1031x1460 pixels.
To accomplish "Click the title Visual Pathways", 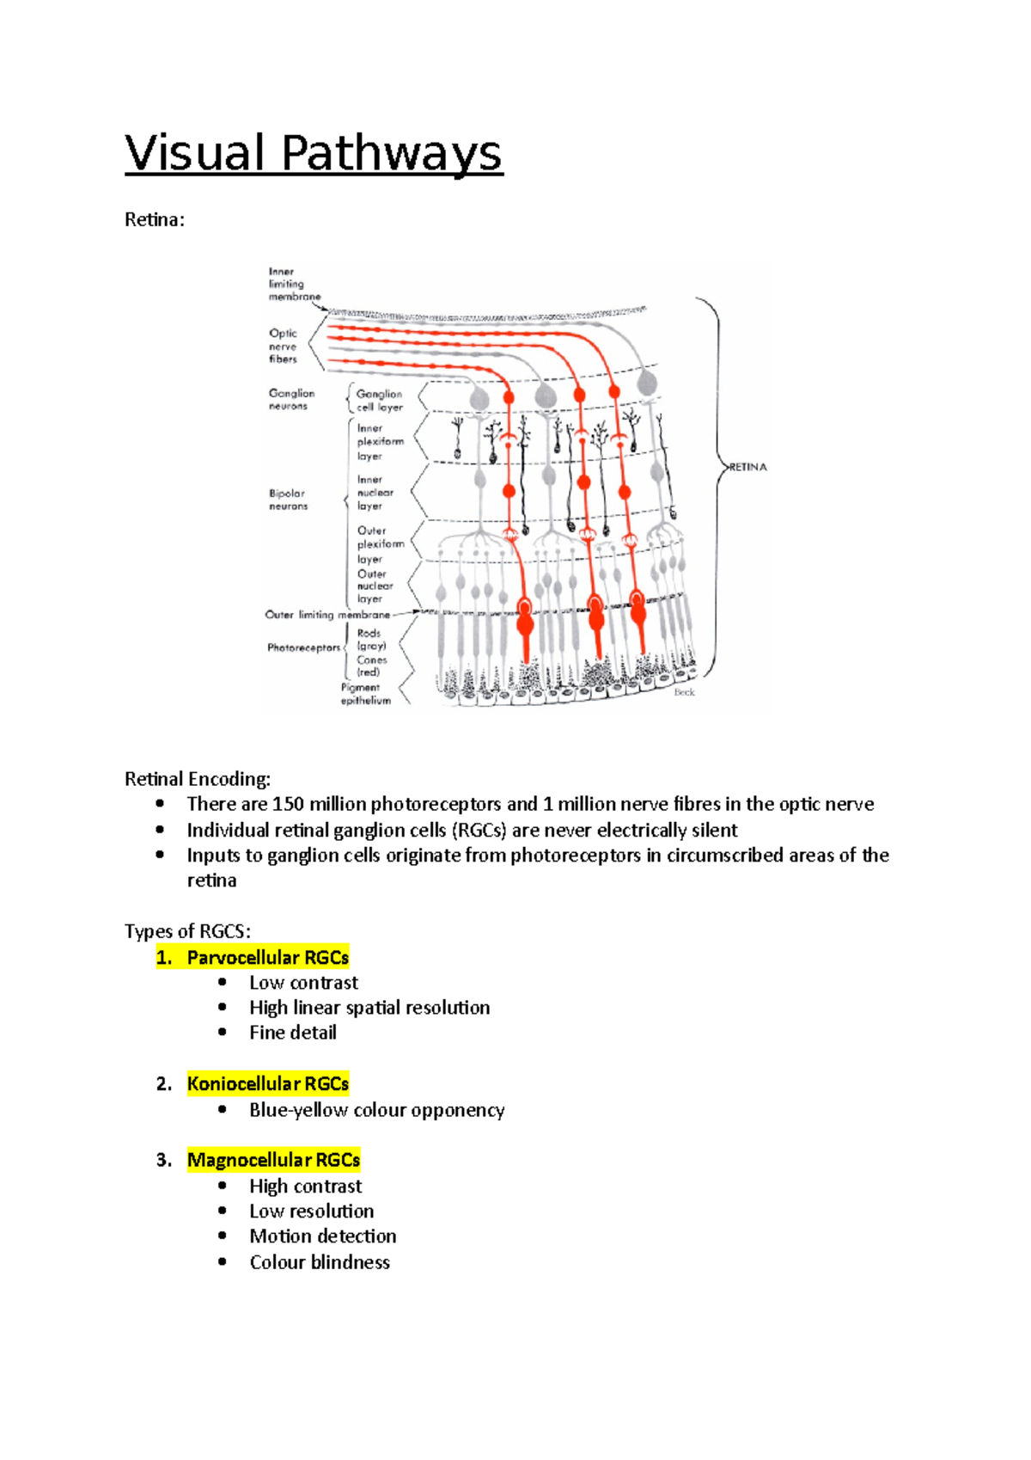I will (313, 154).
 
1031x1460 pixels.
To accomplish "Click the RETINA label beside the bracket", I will (748, 467).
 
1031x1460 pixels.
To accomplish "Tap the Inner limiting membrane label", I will (293, 284).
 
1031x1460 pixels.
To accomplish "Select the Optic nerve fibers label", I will (283, 346).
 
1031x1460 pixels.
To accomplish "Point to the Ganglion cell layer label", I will (379, 400).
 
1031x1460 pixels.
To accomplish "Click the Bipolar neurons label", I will (288, 500).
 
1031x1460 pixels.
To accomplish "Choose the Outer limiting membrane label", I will (326, 615).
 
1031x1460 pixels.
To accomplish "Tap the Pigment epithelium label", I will (365, 694).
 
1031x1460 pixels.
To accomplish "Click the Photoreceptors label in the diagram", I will (303, 647).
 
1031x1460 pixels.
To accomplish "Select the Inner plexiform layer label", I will (380, 441).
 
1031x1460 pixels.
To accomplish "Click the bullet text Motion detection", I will (322, 1236).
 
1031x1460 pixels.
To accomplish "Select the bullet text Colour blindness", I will (319, 1262).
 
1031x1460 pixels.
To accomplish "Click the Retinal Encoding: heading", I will (197, 779).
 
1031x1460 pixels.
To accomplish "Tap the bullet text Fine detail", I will (292, 1033).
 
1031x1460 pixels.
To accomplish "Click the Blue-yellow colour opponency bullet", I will (376, 1110).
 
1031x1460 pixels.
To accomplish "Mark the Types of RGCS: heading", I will (187, 931).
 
